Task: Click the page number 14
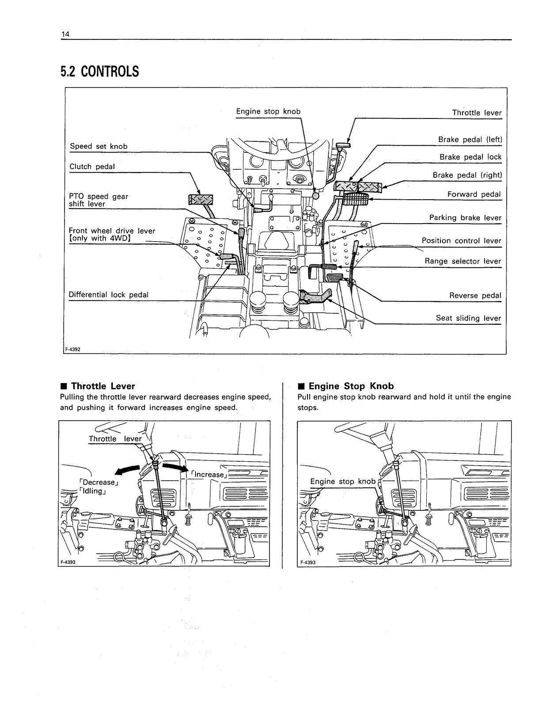65,34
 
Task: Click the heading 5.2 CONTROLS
99,72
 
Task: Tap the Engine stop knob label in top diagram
268,111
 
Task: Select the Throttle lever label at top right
476,113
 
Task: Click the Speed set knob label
99,146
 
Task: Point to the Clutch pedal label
92,167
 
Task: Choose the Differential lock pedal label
108,295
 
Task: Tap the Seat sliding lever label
468,318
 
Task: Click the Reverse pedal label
475,295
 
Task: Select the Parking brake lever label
465,218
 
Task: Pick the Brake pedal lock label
470,157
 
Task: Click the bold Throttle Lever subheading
102,386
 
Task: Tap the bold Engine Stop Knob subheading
351,386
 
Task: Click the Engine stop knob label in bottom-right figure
342,481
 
